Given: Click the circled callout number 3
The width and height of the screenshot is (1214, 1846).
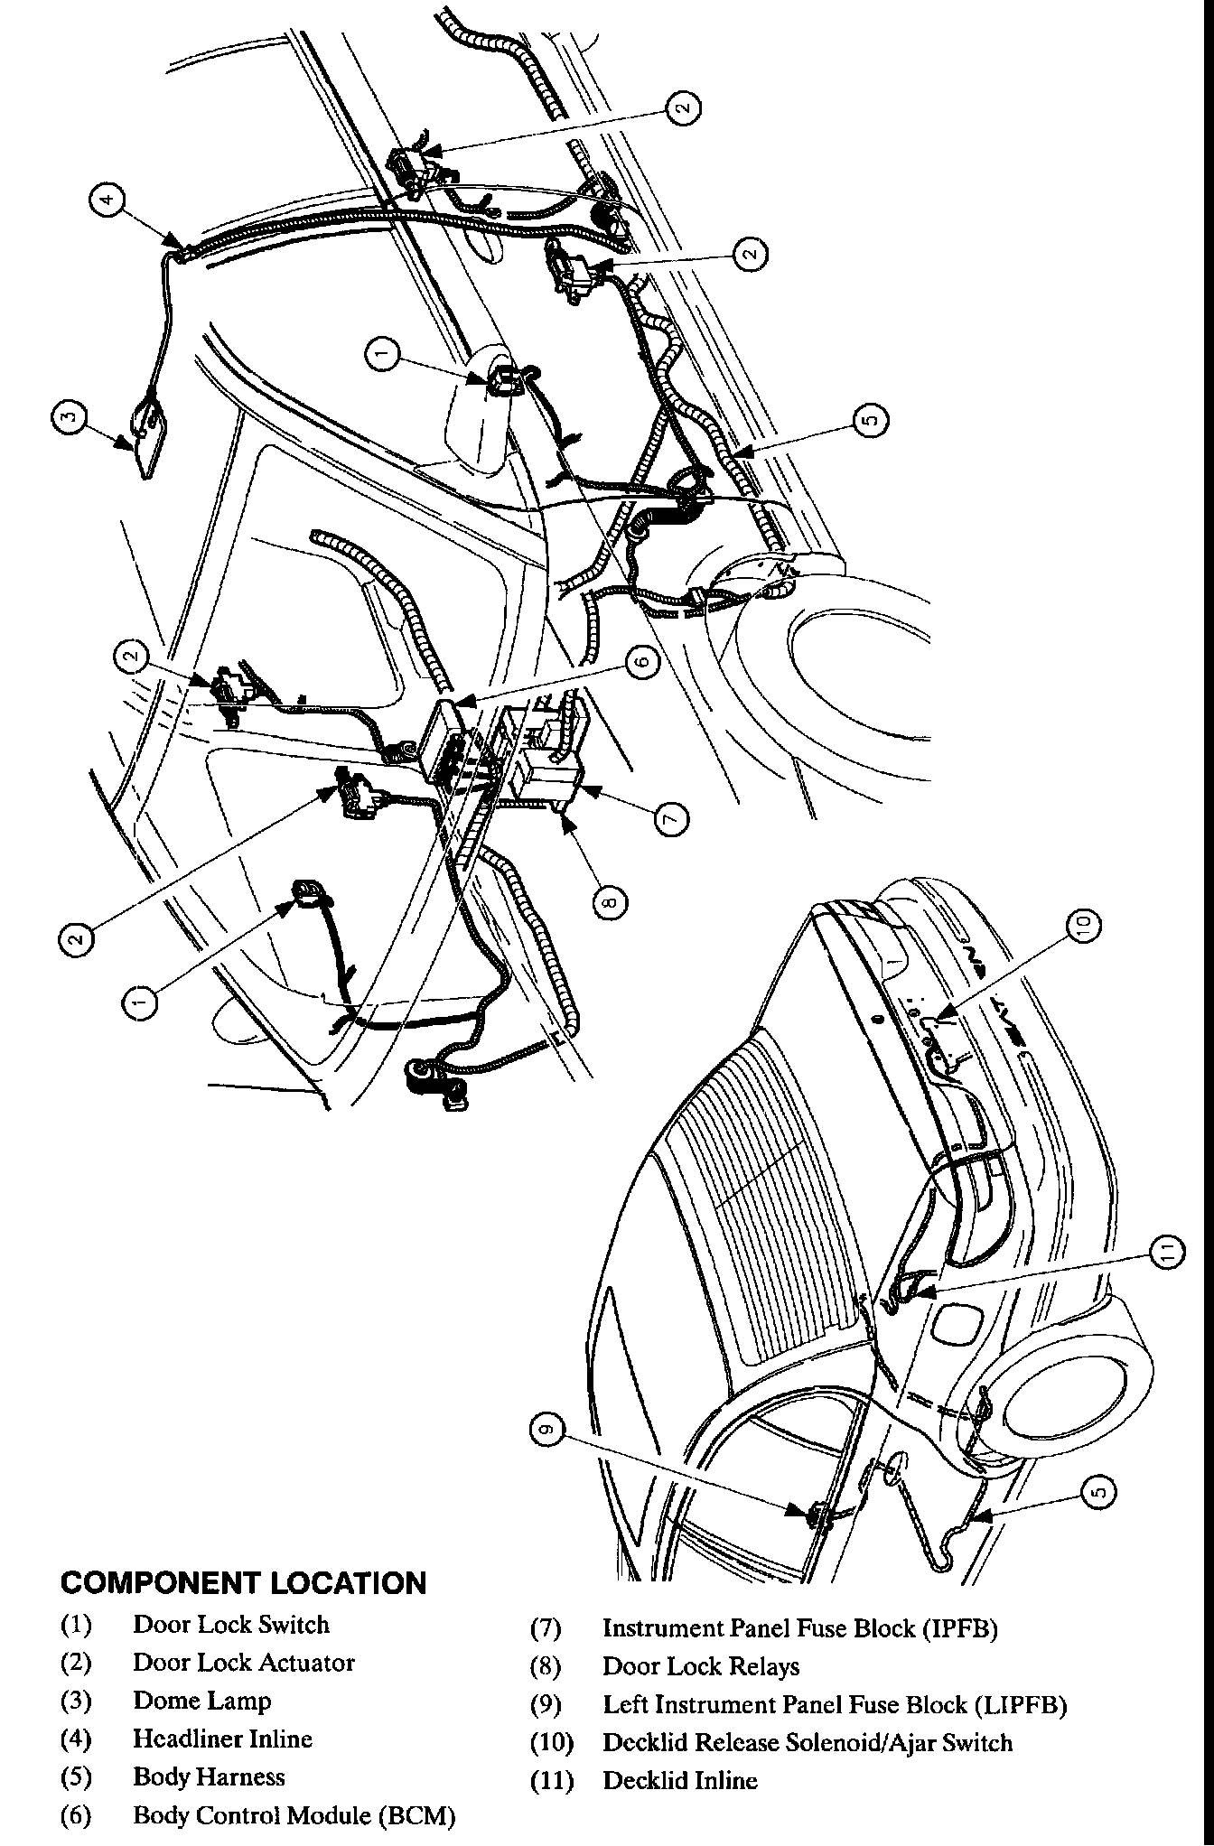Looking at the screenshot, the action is [x=70, y=417].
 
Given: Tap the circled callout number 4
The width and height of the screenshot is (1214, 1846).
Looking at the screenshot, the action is [x=107, y=199].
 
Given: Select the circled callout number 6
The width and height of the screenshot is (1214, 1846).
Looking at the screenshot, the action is [x=640, y=662].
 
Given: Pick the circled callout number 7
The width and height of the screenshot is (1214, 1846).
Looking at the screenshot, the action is [x=670, y=818].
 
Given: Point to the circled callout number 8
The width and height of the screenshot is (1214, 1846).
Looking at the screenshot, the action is [x=612, y=901].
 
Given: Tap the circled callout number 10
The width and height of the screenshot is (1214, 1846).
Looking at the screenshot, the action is [x=1085, y=923].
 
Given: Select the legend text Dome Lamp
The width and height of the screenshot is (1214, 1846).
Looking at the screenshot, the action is [x=202, y=1701].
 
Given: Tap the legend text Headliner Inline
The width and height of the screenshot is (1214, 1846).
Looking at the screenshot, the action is [x=223, y=1739].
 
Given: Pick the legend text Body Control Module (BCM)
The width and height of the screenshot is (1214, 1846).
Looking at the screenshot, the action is [x=294, y=1814].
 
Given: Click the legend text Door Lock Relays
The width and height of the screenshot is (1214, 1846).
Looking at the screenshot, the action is [x=701, y=1666].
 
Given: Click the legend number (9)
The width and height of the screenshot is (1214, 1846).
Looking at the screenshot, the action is [x=546, y=1705].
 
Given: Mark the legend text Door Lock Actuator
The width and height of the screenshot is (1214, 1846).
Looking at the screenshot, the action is [x=244, y=1663].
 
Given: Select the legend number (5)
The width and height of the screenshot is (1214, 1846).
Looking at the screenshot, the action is [x=76, y=1776].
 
